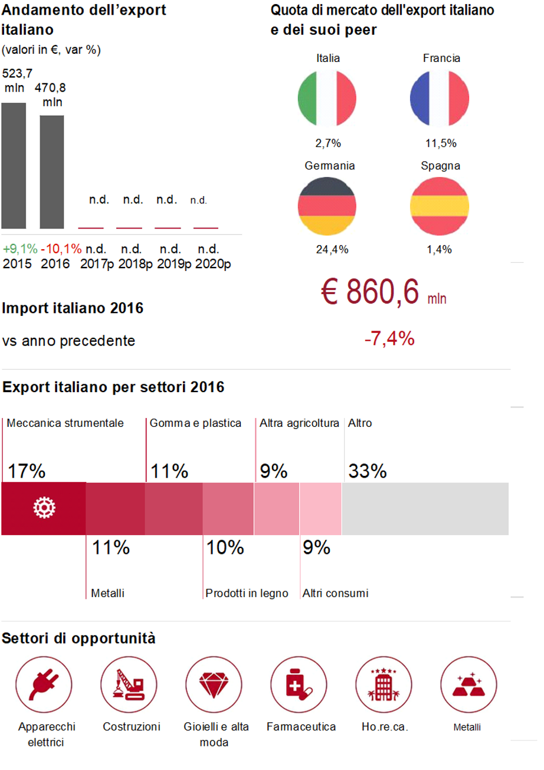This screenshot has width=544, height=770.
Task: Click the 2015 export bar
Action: click(x=14, y=166)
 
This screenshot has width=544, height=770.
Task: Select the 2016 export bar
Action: click(x=52, y=172)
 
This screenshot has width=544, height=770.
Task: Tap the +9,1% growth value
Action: click(x=20, y=249)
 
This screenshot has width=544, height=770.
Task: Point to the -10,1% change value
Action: click(x=61, y=249)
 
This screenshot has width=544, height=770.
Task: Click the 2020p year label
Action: click(x=213, y=263)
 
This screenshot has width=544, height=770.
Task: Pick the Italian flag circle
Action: click(x=328, y=98)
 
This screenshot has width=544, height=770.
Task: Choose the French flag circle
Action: click(x=440, y=98)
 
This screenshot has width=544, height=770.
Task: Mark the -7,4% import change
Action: click(x=389, y=340)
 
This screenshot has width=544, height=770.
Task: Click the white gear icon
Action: click(x=44, y=508)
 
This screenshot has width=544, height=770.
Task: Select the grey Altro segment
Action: click(x=425, y=508)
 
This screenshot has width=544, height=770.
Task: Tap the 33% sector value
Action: click(x=367, y=471)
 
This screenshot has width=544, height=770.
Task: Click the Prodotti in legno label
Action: click(x=247, y=593)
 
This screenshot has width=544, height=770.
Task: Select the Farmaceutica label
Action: click(x=301, y=727)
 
